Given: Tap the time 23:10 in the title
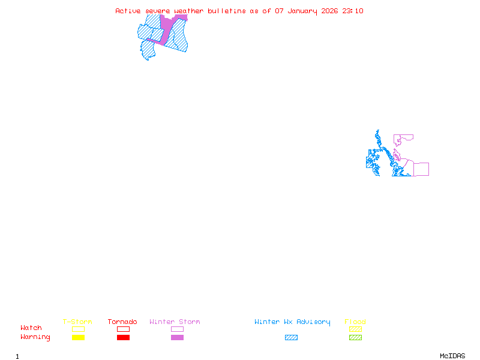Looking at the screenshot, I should (353, 11).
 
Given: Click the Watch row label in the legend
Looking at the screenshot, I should (31, 328).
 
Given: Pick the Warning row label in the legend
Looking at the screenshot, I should (35, 337).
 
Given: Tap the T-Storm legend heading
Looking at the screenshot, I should (77, 322).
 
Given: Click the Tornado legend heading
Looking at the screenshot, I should (122, 322).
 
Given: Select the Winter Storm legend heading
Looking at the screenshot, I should (175, 322).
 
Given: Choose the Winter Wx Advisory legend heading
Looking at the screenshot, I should (292, 322).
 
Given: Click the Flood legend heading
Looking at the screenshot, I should (355, 322).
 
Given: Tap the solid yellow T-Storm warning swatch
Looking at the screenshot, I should (78, 338).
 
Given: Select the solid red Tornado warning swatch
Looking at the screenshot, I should (123, 338).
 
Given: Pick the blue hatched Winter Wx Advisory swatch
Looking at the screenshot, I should (291, 338).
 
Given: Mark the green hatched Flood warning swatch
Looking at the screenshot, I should (355, 338).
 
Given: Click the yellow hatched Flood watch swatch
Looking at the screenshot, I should (355, 329).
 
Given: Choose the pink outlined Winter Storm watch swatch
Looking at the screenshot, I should (177, 329).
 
